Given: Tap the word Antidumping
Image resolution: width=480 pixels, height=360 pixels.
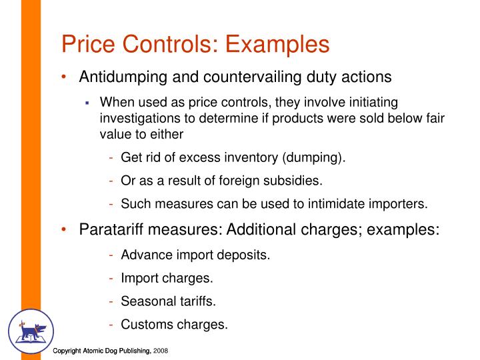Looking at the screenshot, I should tap(122, 77).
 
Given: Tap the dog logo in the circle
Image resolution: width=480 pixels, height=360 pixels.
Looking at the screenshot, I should tap(31, 331).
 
